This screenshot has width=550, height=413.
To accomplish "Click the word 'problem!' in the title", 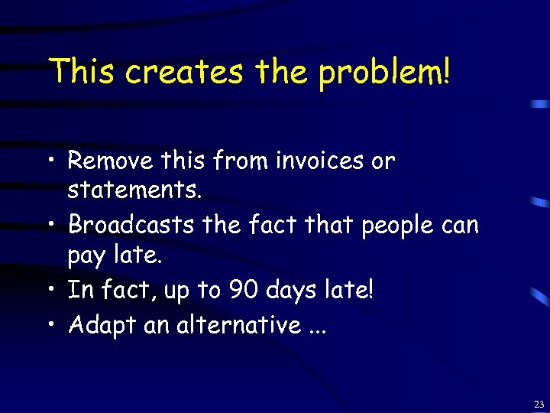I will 385,73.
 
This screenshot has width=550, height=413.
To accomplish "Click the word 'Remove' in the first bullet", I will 112,161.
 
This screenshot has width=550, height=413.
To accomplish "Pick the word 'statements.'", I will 135,190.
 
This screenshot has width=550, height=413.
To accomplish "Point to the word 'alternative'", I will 239,325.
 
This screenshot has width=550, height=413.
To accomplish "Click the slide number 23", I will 539,403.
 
